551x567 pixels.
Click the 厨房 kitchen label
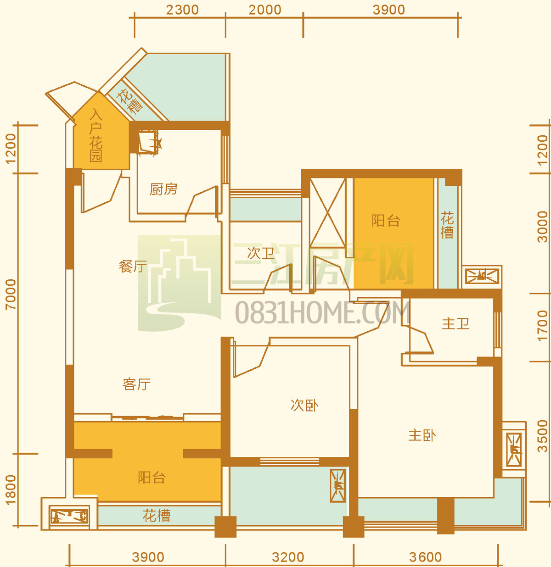163,189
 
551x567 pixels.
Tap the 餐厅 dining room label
133,267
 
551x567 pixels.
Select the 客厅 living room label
136,384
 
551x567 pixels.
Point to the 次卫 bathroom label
260,253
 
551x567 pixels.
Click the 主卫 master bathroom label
455,324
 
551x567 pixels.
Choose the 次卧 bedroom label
304,405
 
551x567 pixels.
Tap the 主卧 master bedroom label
422,436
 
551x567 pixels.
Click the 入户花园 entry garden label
96,135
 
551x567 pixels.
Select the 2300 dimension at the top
182,10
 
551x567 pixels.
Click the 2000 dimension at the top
265,10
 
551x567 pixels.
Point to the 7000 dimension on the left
11,295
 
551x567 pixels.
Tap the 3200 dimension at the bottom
288,557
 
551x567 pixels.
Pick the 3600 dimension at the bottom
425,557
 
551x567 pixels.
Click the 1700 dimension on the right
543,325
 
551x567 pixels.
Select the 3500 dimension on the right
543,436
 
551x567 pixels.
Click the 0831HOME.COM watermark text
323,313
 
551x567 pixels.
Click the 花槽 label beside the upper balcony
447,226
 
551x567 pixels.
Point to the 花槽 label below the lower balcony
157,516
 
